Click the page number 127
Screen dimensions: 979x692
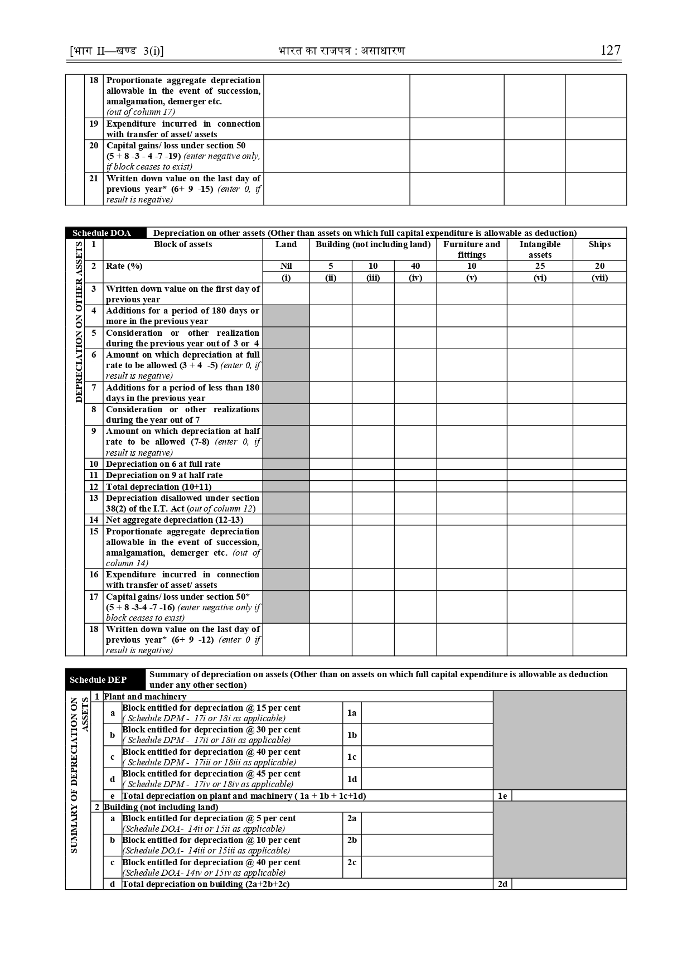pyautogui.click(x=610, y=50)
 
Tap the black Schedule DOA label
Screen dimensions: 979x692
pyautogui.click(x=102, y=233)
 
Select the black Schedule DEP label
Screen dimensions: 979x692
pyautogui.click(x=99, y=679)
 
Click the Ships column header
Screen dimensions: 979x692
pyautogui.click(x=599, y=244)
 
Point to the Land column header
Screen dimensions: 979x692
pyautogui.click(x=286, y=244)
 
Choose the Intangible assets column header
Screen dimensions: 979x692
pyautogui.click(x=540, y=249)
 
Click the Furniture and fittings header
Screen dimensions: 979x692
pyautogui.click(x=472, y=249)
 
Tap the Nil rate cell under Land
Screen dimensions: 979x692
pyautogui.click(x=286, y=266)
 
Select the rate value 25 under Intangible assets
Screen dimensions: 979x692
pyautogui.click(x=540, y=266)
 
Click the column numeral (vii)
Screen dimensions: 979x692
pyautogui.click(x=599, y=277)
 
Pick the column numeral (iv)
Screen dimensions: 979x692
pyautogui.click(x=415, y=277)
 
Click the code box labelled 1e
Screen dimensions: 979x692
pyautogui.click(x=502, y=796)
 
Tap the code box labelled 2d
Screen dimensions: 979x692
pyautogui.click(x=502, y=884)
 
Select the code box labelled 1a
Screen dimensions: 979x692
pyautogui.click(x=352, y=713)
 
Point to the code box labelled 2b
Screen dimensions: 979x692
pyautogui.click(x=352, y=840)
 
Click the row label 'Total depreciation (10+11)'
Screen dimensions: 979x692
pyautogui.click(x=159, y=486)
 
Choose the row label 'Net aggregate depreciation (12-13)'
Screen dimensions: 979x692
pyautogui.click(x=175, y=520)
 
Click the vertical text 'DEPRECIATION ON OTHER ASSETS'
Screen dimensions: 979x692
pyautogui.click(x=79, y=322)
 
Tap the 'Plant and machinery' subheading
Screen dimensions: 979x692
pyautogui.click(x=145, y=697)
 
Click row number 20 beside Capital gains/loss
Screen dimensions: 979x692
pyautogui.click(x=94, y=146)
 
